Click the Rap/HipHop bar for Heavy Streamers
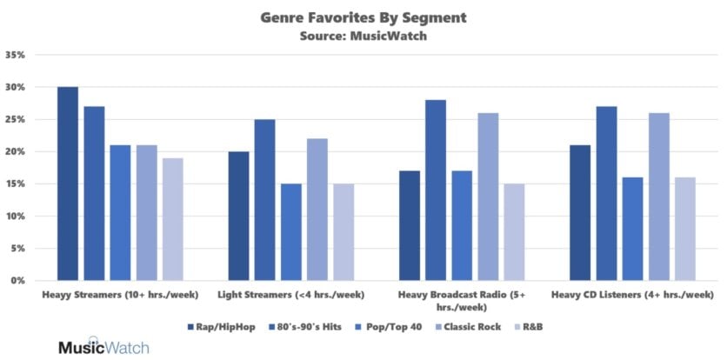[x=68, y=183]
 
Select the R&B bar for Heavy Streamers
[x=172, y=219]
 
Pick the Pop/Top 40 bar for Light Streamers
[x=290, y=232]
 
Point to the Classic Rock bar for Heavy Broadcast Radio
[x=488, y=197]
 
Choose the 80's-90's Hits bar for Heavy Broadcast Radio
[x=436, y=190]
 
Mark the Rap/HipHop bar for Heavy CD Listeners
[x=580, y=213]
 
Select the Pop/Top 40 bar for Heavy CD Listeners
[x=632, y=229]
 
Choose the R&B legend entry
[x=536, y=326]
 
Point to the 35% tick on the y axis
[x=16, y=55]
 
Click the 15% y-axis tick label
[x=16, y=184]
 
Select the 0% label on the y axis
[x=19, y=281]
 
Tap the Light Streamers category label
[x=290, y=295]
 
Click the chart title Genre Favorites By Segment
[x=363, y=17]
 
